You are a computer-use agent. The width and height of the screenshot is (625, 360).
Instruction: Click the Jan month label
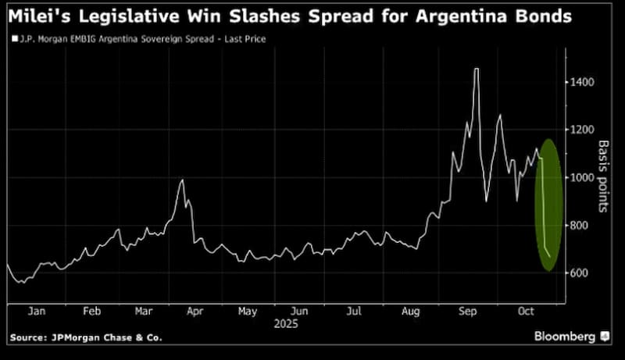click(36, 311)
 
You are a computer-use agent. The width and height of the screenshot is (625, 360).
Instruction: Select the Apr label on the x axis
click(195, 311)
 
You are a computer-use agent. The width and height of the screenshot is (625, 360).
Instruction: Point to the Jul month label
click(355, 311)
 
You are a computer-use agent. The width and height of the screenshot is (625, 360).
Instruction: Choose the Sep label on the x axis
click(467, 311)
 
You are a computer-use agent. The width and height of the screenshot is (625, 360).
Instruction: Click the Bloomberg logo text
click(564, 337)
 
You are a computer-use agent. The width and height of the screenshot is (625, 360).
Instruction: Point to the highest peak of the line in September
click(476, 70)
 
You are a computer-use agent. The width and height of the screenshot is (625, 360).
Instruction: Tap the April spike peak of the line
click(182, 180)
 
